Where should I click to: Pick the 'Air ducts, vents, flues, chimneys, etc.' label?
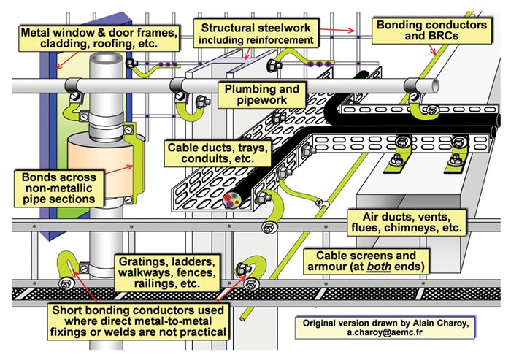tap(412, 222)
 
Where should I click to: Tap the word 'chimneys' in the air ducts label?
tap(407, 229)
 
